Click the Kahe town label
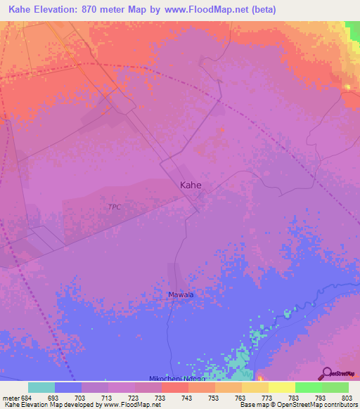(191, 186)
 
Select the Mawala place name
(181, 295)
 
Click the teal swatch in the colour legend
(41, 387)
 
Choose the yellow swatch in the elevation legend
(281, 387)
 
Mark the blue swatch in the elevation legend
(68, 387)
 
